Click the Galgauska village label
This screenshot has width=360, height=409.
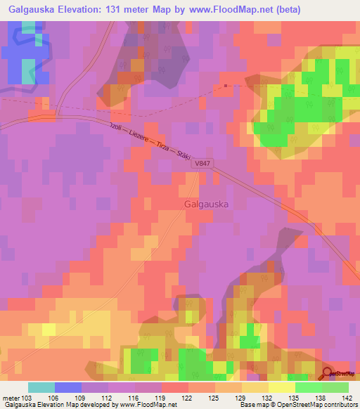206,204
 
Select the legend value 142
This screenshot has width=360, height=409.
348,397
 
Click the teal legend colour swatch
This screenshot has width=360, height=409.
41,387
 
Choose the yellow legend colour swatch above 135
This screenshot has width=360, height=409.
281,387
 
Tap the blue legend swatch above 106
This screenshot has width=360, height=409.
68,387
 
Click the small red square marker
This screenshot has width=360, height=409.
225,86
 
